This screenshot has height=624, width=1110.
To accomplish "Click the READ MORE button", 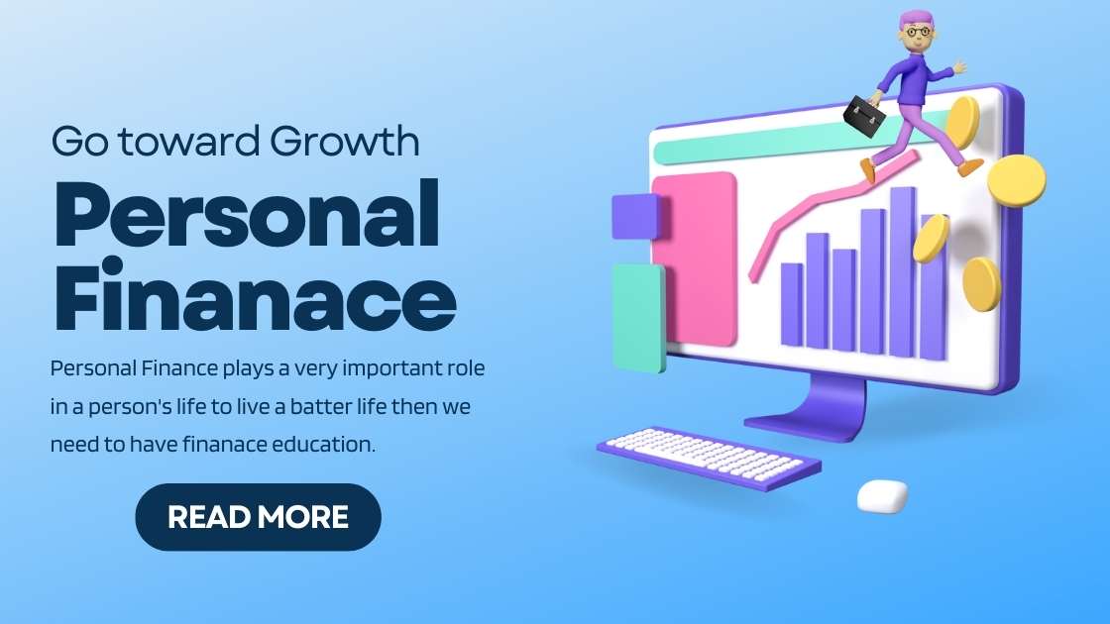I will pos(258,517).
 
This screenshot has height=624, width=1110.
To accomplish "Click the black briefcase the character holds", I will pos(864,116).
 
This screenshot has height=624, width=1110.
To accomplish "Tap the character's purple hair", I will pos(917,20).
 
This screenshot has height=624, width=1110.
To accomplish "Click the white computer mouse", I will pos(882,495).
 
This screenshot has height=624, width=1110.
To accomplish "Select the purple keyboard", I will pos(709,457).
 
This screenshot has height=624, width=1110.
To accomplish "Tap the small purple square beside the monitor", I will pos(635,216).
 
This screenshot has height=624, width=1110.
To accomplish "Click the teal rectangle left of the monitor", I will pos(638,317).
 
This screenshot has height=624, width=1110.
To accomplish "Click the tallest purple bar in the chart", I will pos(902,272).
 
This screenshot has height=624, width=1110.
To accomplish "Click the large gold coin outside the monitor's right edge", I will pos(1017,180).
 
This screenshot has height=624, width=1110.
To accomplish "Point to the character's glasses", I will pos(919,33).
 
